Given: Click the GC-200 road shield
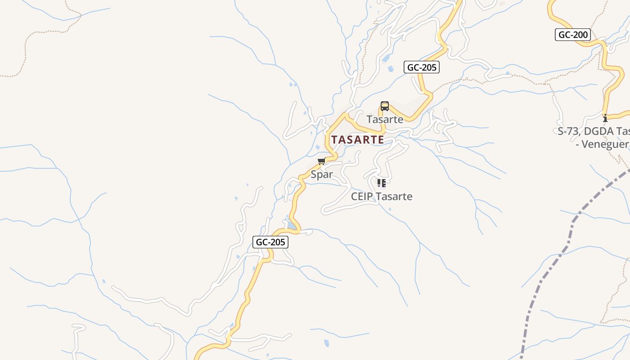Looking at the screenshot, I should coord(572,35).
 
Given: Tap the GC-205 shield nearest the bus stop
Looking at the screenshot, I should coord(421,67).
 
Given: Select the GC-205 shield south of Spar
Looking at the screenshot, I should coord(270,242).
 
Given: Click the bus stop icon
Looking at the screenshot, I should coord(384,106).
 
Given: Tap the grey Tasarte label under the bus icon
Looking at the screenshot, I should coord(385,120).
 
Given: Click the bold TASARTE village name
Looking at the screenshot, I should coord(358,139).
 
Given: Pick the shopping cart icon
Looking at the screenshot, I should coord(321,162).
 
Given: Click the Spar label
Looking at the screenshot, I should coord(322,175).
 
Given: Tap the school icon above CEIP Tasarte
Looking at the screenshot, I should coord(382,183).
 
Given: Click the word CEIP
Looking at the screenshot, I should coord(362,197).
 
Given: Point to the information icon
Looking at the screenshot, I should coord(605,118).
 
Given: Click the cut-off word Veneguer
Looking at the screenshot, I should coord(607,144).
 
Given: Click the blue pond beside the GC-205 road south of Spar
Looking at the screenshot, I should coord(292,225).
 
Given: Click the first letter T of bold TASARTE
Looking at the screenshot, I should coord(334,139).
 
